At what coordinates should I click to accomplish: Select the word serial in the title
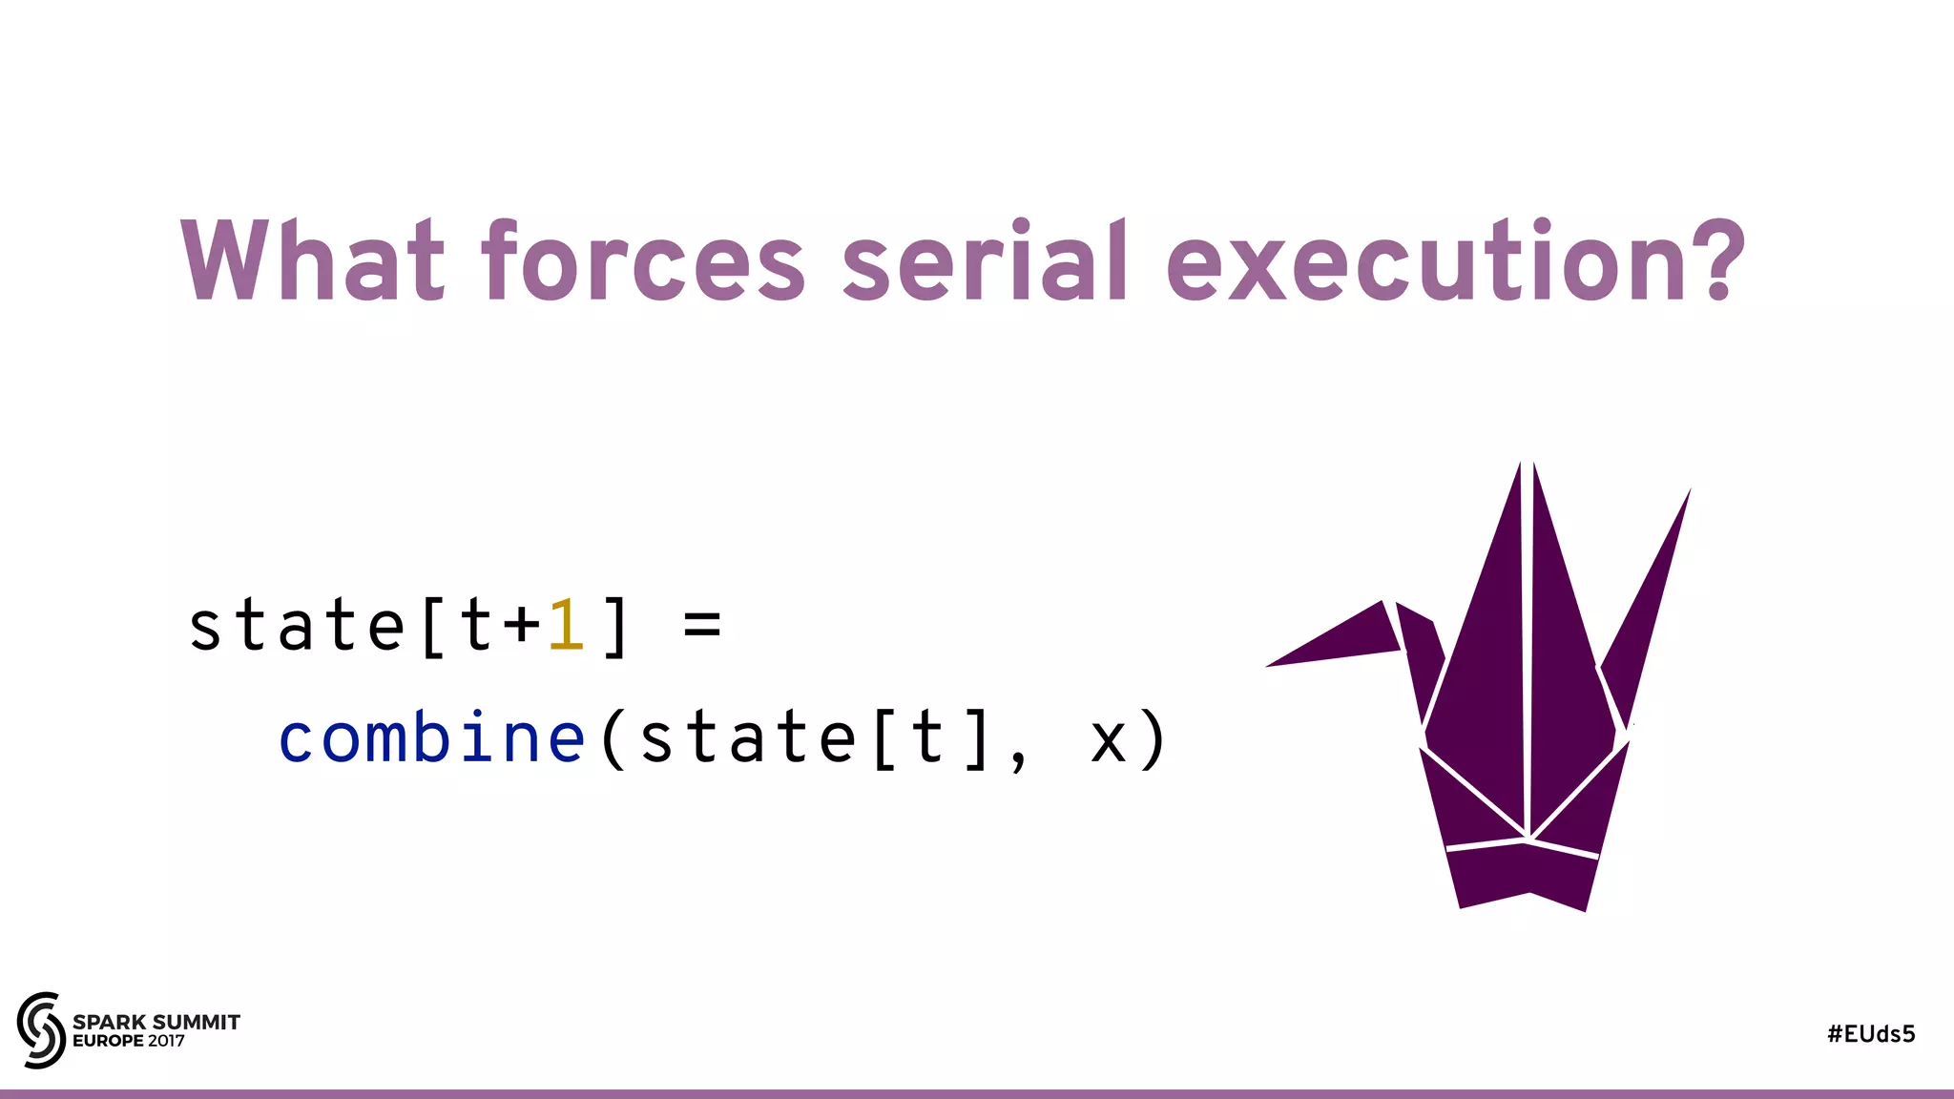(x=985, y=260)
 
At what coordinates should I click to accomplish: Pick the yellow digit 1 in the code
(x=567, y=626)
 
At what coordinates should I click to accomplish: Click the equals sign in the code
(x=702, y=627)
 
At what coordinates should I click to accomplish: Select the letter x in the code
(x=1109, y=741)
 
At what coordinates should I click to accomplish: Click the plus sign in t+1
(x=522, y=627)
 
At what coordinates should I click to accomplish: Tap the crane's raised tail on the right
(x=1651, y=591)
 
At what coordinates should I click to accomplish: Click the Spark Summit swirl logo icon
(x=41, y=1029)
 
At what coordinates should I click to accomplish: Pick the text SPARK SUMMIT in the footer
(x=156, y=1022)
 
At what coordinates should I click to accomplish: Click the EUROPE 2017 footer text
(x=129, y=1041)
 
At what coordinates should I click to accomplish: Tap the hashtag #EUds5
(x=1871, y=1034)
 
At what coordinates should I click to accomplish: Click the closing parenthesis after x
(x=1154, y=739)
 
